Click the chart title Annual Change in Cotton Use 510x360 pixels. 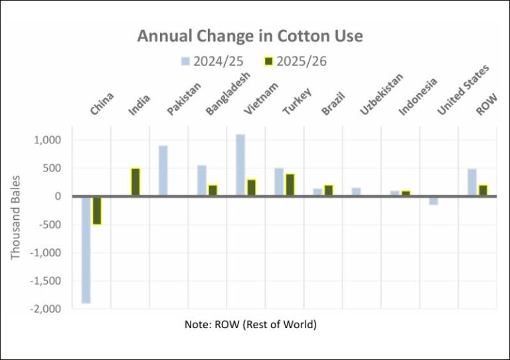coord(250,36)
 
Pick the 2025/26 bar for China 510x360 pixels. coord(97,211)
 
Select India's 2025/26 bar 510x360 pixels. coord(135,182)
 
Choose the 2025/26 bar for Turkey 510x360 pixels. coord(290,185)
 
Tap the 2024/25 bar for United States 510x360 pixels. coord(434,201)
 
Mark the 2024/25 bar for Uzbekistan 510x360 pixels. coord(357,192)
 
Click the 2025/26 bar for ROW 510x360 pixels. coord(483,191)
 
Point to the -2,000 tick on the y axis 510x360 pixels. coord(50,309)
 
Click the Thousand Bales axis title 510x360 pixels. coord(16,217)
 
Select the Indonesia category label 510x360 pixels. coord(418,97)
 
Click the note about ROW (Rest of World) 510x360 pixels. coord(250,325)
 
